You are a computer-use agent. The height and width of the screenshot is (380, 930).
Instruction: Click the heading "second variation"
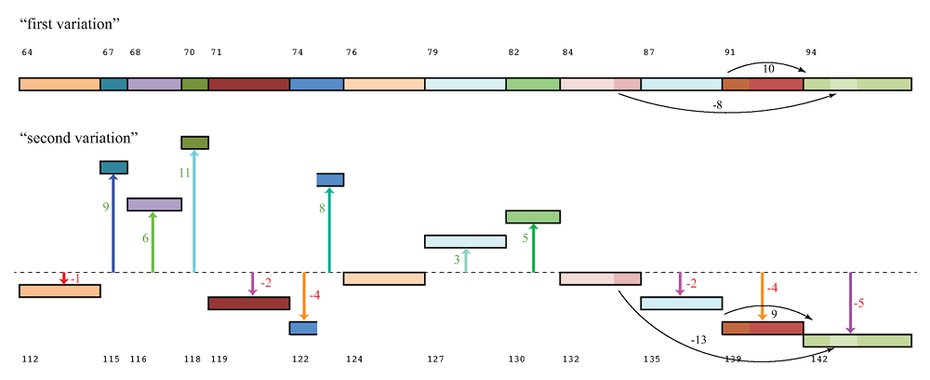point(79,138)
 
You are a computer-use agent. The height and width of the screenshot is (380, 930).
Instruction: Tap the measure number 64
point(27,53)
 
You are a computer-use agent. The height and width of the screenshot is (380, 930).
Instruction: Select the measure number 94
point(811,53)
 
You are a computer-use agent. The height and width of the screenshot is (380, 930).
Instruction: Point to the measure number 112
point(30,359)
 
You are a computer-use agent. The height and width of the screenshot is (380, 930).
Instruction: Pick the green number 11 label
point(184,172)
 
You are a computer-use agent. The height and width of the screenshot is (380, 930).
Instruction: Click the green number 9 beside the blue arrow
point(104,207)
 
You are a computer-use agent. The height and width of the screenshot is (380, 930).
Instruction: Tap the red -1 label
point(74,279)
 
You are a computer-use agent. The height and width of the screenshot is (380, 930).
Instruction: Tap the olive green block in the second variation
point(194,142)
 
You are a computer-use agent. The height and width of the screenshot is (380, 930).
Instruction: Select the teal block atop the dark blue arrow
point(113,167)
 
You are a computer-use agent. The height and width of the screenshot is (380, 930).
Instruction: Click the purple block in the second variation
point(153,204)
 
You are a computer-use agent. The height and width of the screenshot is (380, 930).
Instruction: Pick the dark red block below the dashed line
point(248,303)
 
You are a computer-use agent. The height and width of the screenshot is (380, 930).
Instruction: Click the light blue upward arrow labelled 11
point(194,214)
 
